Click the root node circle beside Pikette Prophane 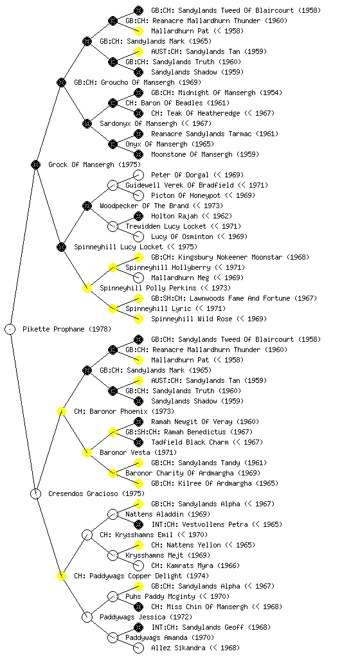[x=10, y=329]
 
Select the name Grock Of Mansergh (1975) [x=94, y=164]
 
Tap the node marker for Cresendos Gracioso [x=36, y=493]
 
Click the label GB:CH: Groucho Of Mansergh [x=138, y=82]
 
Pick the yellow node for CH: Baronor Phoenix [x=62, y=411]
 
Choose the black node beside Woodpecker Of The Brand [x=87, y=206]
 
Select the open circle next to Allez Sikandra [x=138, y=648]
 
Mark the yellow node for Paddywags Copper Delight [x=62, y=576]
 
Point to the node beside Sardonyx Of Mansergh [x=87, y=123]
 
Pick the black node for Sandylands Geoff [x=138, y=627]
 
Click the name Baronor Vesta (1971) [x=138, y=452]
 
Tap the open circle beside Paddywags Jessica [x=87, y=617]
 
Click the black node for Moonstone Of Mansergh [x=138, y=154]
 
